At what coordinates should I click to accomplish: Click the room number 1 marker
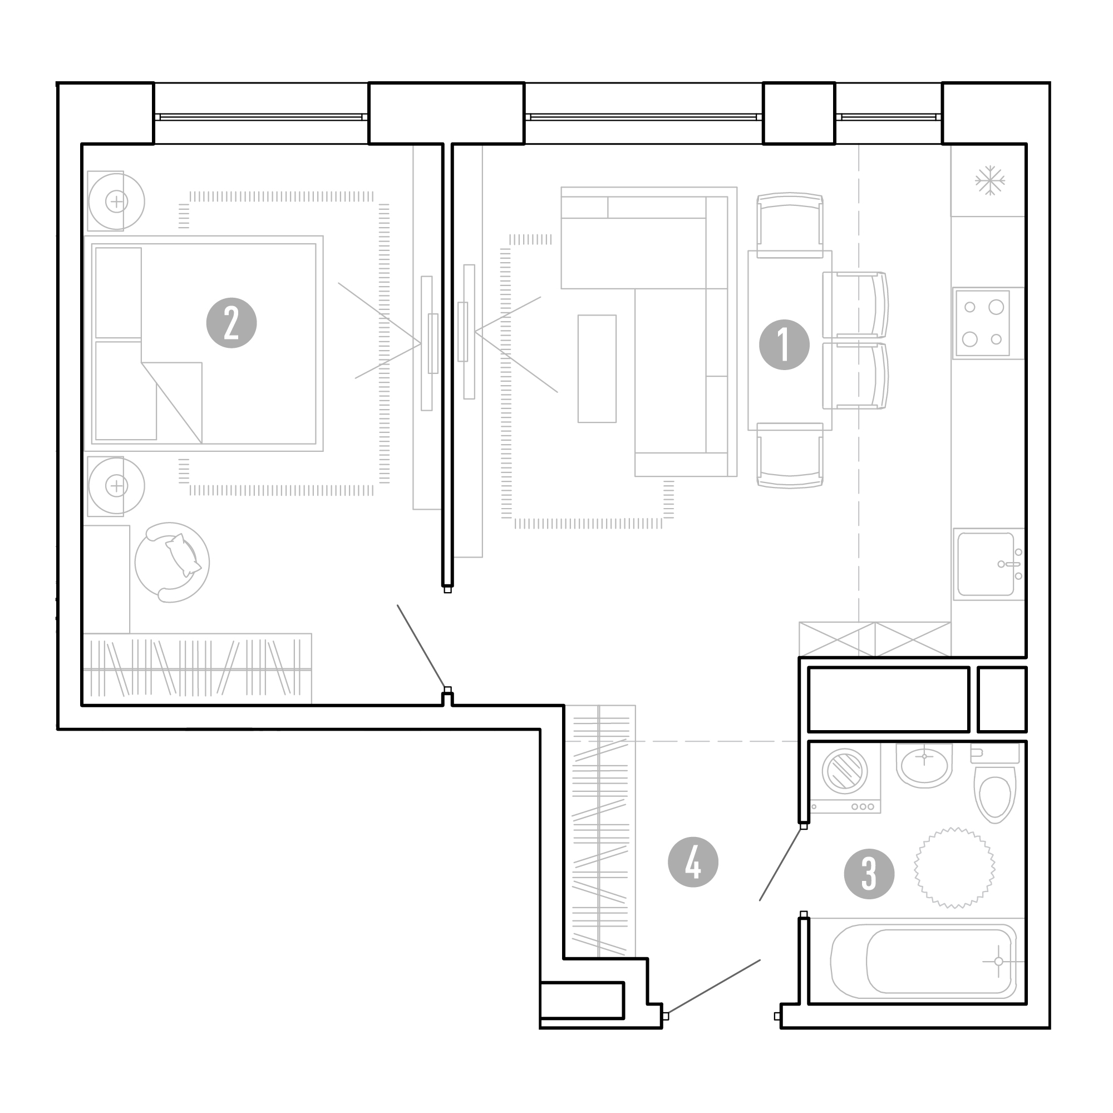click(784, 344)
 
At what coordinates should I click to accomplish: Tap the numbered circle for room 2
click(231, 323)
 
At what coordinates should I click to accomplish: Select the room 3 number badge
click(869, 874)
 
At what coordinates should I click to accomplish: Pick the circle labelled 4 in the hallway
click(692, 862)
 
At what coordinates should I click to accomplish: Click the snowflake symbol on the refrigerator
click(989, 181)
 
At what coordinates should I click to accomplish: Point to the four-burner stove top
click(983, 323)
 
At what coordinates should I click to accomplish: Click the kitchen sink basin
click(986, 564)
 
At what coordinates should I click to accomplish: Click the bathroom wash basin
click(924, 765)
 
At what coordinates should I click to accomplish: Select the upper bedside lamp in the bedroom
click(116, 201)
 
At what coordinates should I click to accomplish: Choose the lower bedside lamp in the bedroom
click(116, 486)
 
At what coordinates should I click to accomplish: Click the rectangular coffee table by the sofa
click(597, 369)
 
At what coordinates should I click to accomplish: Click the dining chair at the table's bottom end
click(790, 456)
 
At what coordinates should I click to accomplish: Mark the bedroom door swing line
click(422, 646)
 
